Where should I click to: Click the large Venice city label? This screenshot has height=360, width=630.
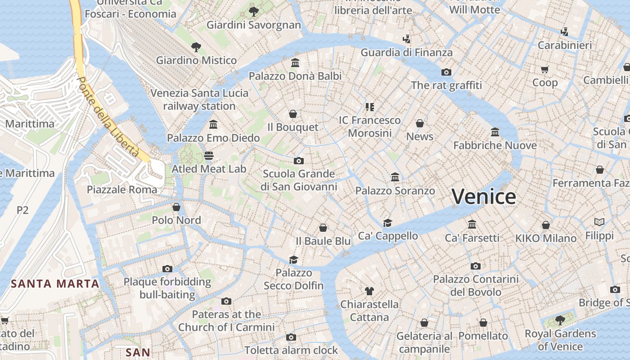484,197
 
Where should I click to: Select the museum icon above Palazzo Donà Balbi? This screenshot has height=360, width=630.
295,63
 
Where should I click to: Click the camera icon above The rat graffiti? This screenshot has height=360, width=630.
446,72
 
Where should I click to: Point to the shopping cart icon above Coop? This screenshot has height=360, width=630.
545,69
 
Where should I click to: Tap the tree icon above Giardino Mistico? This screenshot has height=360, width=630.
196,47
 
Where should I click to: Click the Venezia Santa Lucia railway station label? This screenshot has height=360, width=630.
199,99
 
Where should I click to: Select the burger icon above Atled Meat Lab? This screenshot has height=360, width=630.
208,156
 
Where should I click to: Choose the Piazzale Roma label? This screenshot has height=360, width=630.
122,189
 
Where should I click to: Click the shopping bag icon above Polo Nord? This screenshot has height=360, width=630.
176,207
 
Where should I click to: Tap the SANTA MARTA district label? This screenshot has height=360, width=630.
55,283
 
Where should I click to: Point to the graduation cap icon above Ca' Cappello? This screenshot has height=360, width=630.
387,223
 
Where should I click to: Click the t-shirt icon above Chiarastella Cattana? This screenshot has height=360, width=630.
369,291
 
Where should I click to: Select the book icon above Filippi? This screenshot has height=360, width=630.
599,222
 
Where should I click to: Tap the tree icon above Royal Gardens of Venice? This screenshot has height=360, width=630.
560,320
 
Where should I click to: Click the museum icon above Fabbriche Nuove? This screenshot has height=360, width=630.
495,132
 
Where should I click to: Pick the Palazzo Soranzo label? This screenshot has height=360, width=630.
395,191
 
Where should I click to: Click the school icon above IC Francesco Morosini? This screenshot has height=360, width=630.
369,107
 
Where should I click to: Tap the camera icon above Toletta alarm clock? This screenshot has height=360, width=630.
291,337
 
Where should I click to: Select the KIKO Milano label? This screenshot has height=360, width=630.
546,238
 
